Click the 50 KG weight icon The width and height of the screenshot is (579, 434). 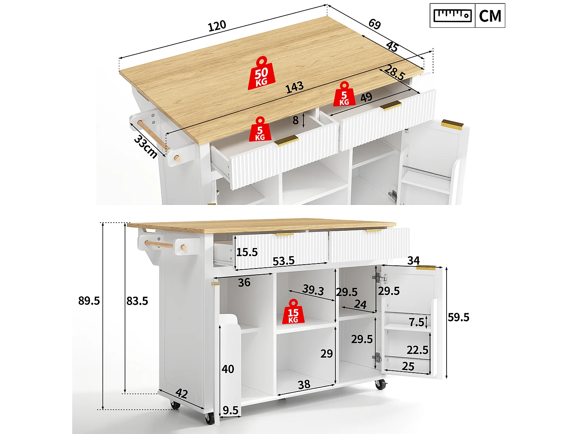[x=261, y=74]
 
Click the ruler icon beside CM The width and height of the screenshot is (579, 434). [x=452, y=15]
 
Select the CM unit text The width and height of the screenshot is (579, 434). [x=490, y=16]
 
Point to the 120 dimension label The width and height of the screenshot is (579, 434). [x=217, y=26]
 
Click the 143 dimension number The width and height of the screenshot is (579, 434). [x=295, y=88]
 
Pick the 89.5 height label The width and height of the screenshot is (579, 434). [x=89, y=301]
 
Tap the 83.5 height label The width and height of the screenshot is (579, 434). [x=137, y=301]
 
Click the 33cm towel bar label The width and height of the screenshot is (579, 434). [x=146, y=147]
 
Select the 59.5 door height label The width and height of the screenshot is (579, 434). [x=459, y=317]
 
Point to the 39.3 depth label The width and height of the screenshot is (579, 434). [x=313, y=290]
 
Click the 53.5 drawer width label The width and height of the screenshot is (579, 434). [x=283, y=261]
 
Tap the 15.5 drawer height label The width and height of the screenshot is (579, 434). [x=247, y=252]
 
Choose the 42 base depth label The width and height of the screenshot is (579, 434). [x=181, y=393]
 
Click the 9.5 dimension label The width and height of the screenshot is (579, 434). [x=230, y=410]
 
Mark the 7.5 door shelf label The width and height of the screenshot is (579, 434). [x=416, y=322]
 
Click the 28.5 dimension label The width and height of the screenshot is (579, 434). [x=394, y=73]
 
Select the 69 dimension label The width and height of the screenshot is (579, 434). [x=374, y=24]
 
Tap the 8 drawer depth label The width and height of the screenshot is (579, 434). [x=295, y=120]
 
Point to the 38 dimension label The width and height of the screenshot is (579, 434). [x=304, y=385]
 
